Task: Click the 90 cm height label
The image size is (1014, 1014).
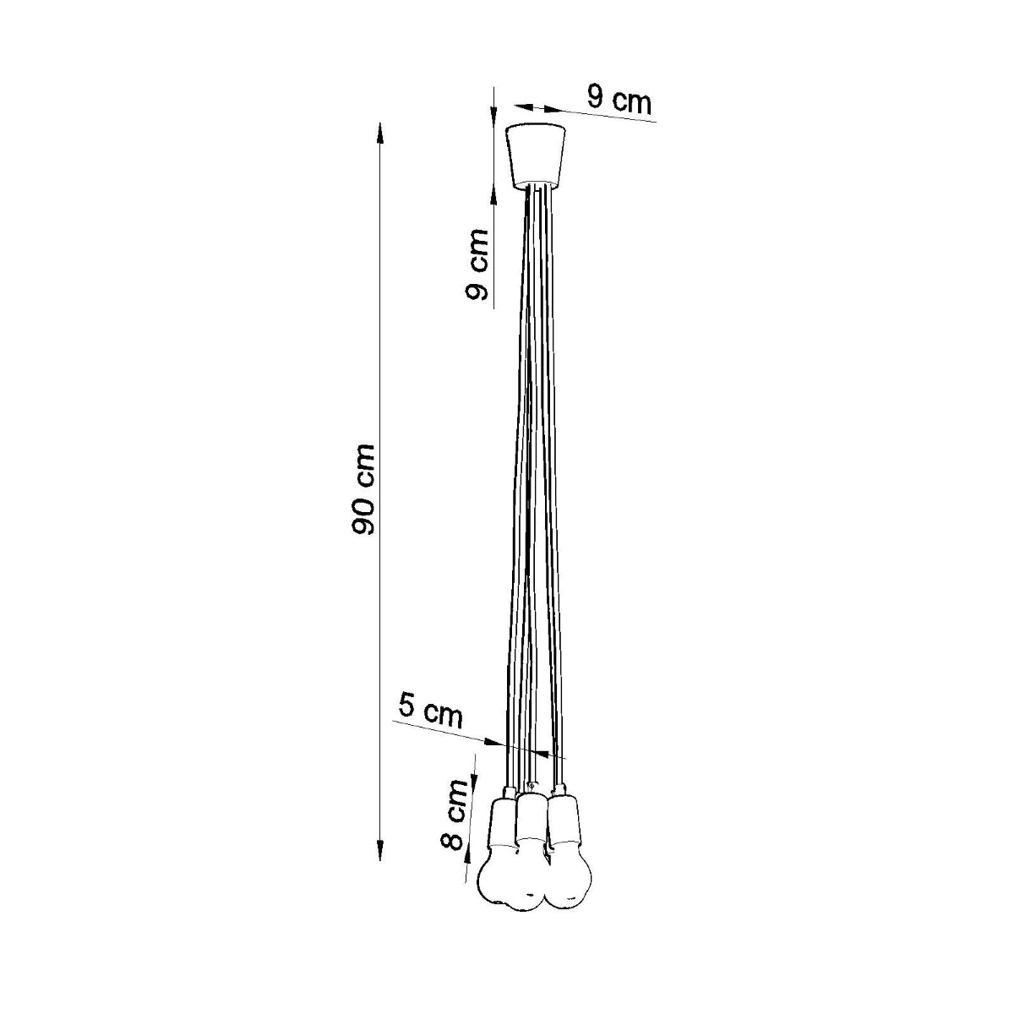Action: pyautogui.click(x=364, y=489)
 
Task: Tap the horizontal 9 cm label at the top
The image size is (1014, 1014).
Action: pyautogui.click(x=619, y=101)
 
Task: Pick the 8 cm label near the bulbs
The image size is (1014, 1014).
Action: pyautogui.click(x=455, y=815)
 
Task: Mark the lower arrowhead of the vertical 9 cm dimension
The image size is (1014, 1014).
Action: pyautogui.click(x=494, y=196)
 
